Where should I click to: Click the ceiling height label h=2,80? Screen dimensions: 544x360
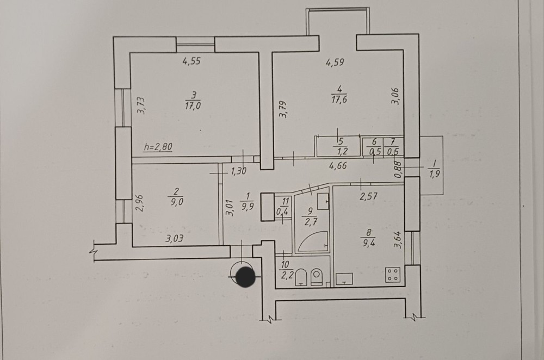pos(158,147)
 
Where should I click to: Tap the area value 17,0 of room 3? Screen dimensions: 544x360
pos(193,105)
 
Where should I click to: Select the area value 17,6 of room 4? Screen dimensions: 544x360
pos(339,100)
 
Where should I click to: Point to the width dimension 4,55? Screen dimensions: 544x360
pos(191,61)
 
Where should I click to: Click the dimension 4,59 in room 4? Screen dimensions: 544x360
pos(335,63)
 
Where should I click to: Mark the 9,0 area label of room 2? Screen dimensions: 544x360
pos(177,202)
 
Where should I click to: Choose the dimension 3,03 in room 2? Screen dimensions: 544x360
pos(175,239)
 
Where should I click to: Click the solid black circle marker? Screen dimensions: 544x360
pos(246,276)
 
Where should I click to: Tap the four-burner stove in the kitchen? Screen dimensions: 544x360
pos(393,274)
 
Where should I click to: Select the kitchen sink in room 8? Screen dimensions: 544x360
pos(344,279)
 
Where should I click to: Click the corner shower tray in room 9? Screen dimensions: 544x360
pos(313,241)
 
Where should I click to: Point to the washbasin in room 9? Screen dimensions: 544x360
pos(323,201)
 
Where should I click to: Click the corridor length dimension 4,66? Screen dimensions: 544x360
pos(338,165)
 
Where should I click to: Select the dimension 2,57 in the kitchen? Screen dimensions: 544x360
pos(368,197)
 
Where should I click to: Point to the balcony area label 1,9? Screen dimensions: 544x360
pos(434,173)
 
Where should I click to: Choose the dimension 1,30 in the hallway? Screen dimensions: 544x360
pos(239,171)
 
